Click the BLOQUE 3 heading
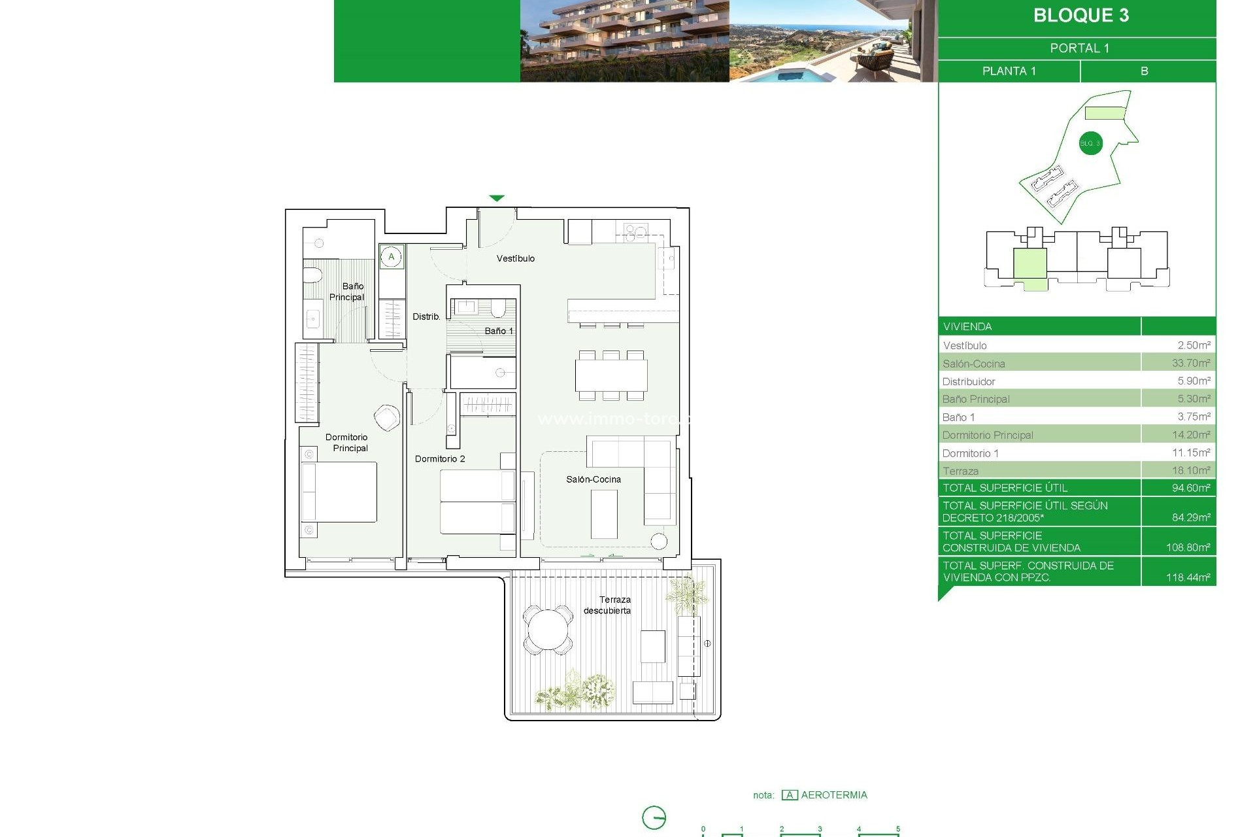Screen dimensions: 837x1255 coord(1080,16)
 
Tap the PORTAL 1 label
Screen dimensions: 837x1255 coord(1079,48)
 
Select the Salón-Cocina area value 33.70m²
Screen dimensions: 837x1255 coord(1190,363)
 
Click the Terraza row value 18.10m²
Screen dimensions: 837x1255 coord(1190,470)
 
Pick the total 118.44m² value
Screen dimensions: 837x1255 coord(1188,577)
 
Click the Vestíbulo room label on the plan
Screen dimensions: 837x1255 coord(515,258)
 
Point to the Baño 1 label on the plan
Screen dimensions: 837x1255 coord(498,331)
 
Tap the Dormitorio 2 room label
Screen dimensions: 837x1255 coord(440,458)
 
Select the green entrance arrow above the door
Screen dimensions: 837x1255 coord(497,198)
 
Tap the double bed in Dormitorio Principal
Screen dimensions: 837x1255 coord(339,492)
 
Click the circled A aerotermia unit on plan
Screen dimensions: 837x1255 coord(392,257)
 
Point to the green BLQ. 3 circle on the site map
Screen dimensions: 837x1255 coord(1090,143)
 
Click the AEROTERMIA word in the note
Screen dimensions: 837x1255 coord(833,795)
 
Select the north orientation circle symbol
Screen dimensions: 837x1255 coord(654,818)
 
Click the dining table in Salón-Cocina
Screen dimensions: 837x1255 coord(611,375)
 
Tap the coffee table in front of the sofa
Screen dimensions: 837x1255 coord(604,514)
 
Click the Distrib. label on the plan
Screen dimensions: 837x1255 coord(426,316)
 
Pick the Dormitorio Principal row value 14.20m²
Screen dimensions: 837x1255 coord(1190,435)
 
